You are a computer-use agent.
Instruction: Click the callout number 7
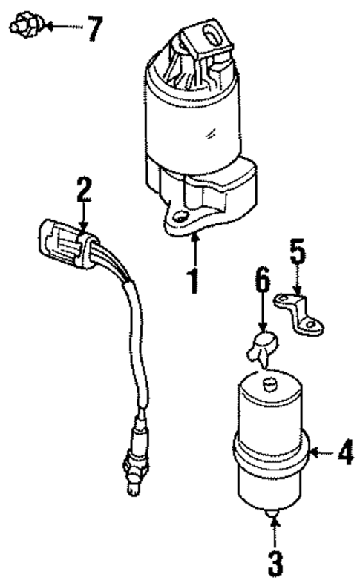[93, 29]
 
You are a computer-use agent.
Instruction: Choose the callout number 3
[275, 562]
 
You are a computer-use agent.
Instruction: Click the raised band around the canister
[271, 449]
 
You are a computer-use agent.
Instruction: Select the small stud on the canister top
[269, 382]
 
